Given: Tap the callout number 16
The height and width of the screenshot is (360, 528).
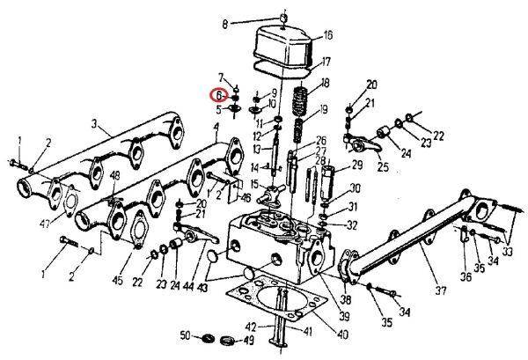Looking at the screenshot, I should click(303, 36).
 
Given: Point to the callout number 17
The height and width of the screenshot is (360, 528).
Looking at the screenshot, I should click(302, 62).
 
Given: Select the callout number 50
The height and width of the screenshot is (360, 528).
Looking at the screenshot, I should click(184, 336).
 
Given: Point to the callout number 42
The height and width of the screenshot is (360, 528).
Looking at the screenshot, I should click(251, 326).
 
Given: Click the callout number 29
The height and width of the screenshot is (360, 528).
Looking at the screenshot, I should click(357, 165).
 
